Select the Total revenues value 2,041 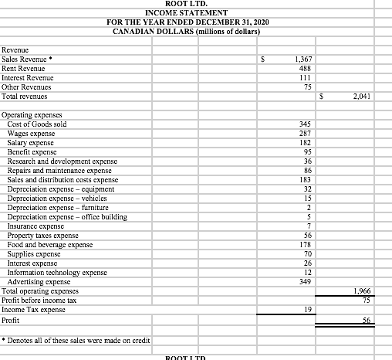click(x=361, y=97)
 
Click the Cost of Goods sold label click(x=36, y=124)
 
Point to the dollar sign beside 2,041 click(x=322, y=97)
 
